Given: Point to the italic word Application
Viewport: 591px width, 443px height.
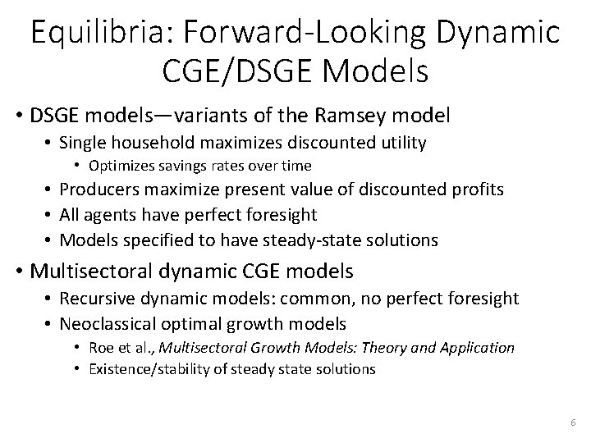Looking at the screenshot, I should [474, 347].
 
